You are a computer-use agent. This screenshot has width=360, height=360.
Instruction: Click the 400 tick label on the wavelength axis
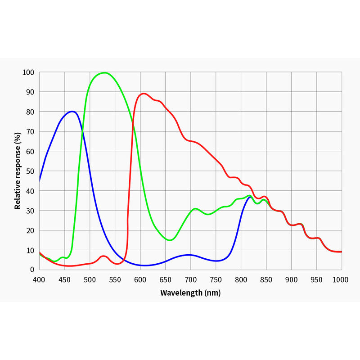tap(39, 279)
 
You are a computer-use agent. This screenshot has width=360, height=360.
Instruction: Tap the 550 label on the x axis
tap(115, 279)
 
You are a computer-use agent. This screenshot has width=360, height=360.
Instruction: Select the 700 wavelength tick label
tap(190, 279)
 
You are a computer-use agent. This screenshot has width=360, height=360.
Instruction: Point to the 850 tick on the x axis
tap(266, 279)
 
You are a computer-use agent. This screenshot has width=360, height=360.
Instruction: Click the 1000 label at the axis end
tap(341, 279)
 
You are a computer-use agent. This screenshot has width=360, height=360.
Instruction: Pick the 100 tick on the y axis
tap(28, 72)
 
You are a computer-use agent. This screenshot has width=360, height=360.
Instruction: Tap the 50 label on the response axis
tap(30, 171)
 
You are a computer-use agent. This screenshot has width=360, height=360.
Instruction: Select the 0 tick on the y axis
tap(32, 270)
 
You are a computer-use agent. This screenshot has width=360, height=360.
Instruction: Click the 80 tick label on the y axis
tap(30, 112)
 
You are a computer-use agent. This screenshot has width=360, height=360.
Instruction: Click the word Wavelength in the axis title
tap(181, 293)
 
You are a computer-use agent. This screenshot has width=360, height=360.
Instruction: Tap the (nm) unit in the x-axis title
tap(212, 293)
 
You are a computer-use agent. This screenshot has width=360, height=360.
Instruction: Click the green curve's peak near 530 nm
tap(104, 72)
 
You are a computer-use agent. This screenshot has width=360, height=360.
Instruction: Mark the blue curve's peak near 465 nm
tap(72, 111)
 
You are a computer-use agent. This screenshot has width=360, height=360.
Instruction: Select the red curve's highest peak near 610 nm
tap(144, 94)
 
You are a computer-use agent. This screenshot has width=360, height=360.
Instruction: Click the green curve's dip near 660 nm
tap(170, 240)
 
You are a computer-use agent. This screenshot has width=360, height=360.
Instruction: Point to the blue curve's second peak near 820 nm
tap(250, 197)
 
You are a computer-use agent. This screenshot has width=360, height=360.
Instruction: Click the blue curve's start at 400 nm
tap(40, 181)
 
